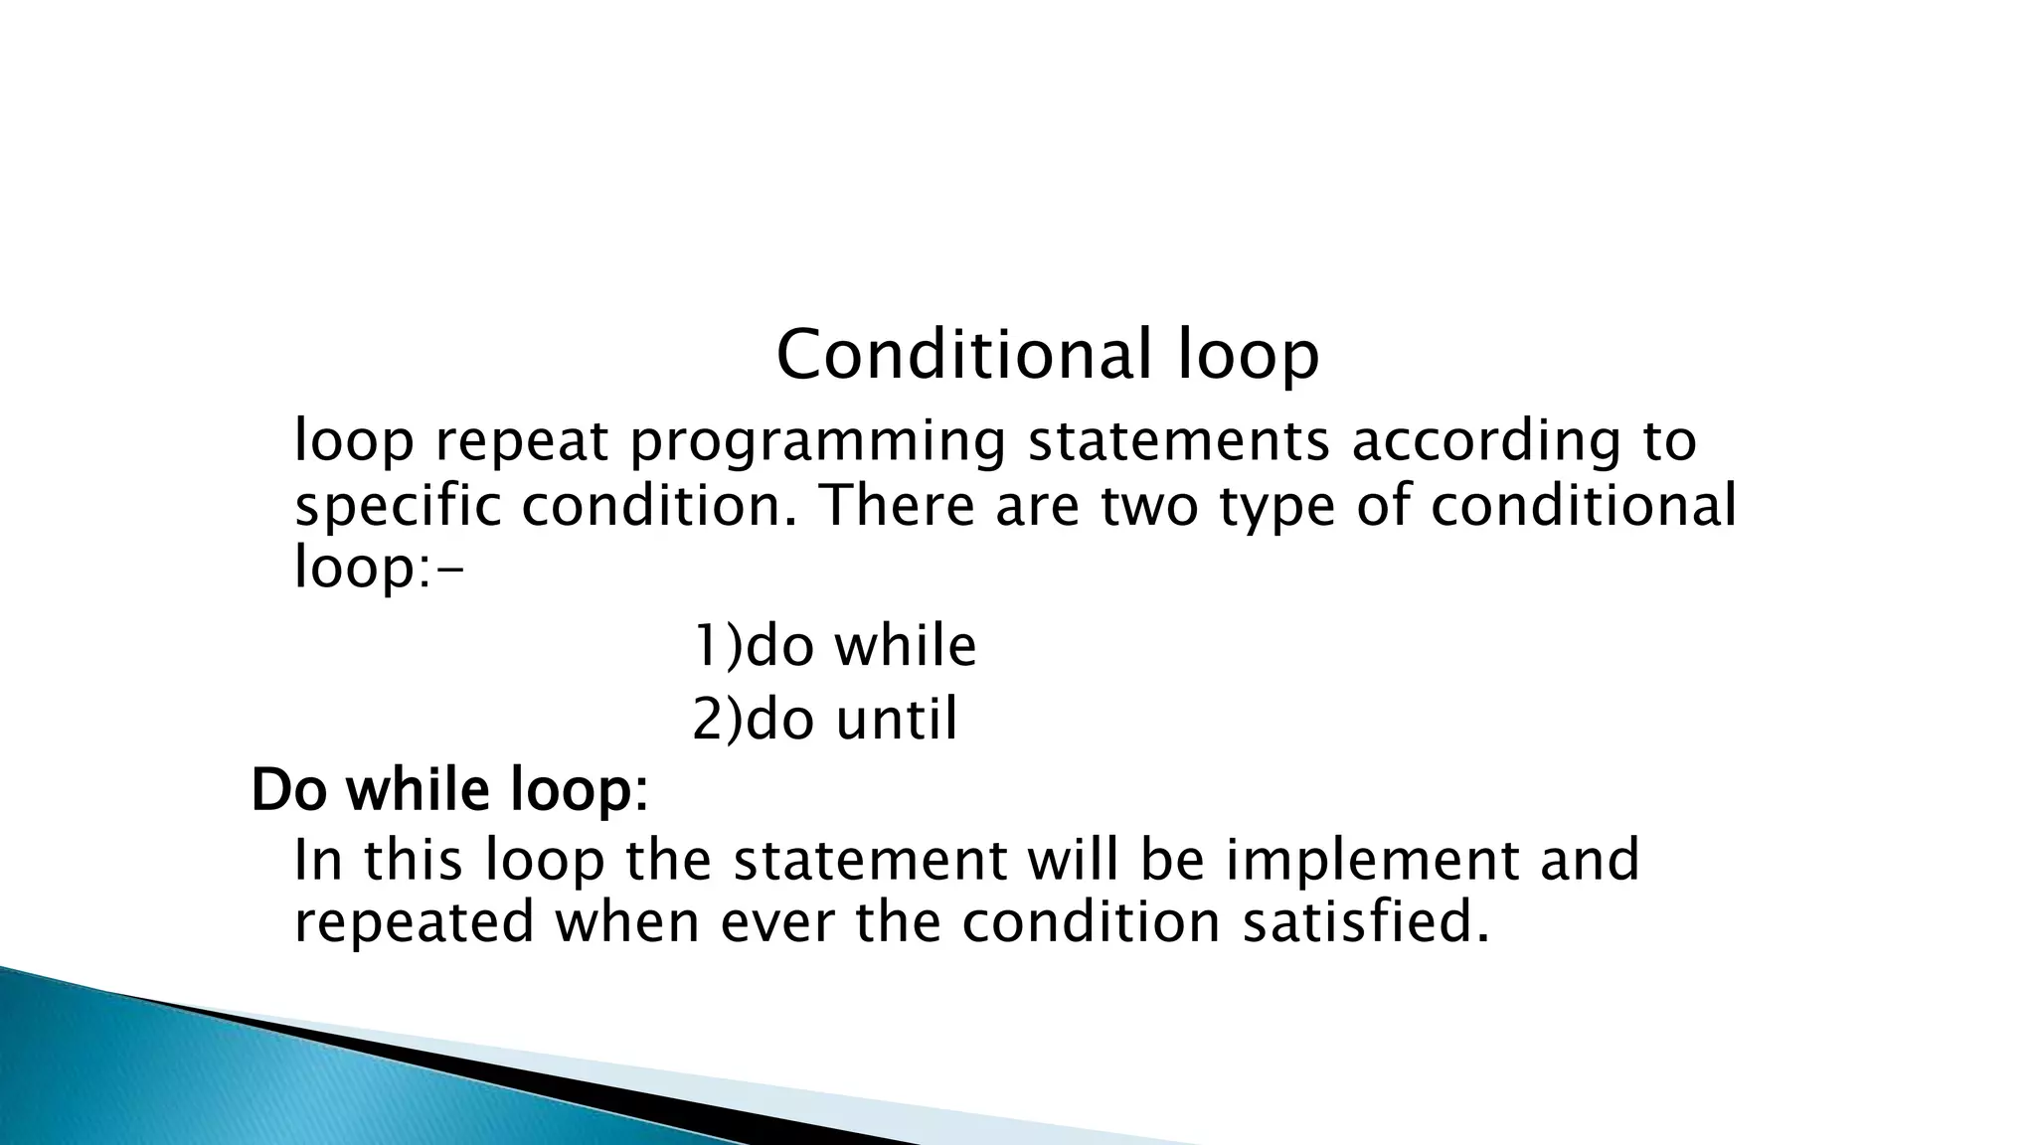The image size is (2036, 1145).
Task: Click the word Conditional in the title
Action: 962,355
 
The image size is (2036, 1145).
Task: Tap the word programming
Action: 817,441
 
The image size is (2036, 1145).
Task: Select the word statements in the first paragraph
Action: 1178,441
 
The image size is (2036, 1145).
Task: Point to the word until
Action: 896,719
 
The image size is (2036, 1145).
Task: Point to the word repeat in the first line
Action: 520,443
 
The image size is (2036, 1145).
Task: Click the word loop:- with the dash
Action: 379,569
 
